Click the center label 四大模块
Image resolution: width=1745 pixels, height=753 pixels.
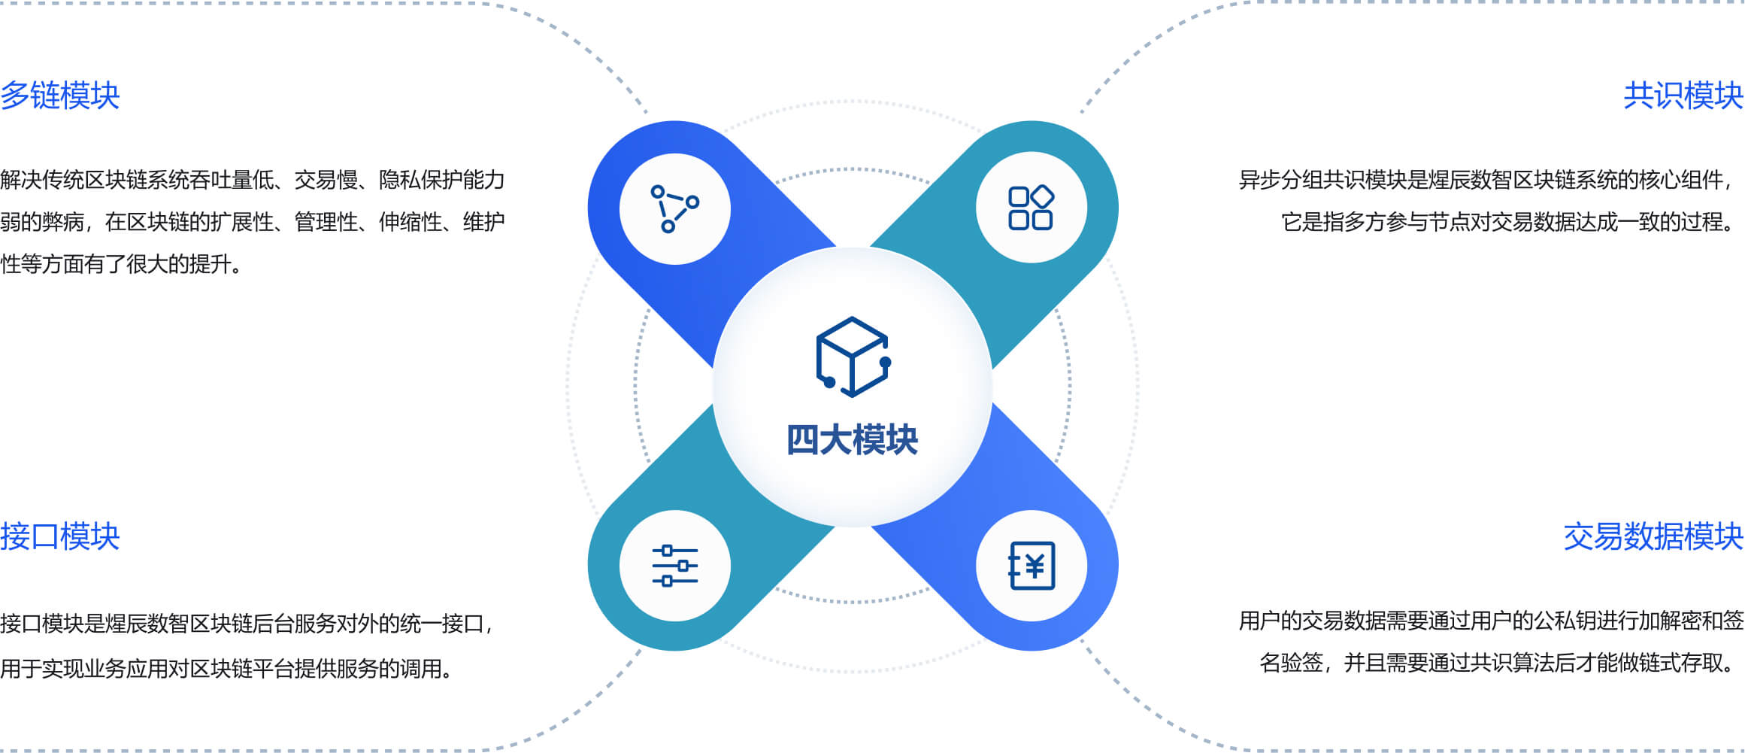tap(852, 440)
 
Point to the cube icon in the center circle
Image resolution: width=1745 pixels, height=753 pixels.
tap(853, 357)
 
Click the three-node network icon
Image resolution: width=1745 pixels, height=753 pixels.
tap(674, 208)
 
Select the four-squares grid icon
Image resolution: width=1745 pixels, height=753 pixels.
tap(1031, 208)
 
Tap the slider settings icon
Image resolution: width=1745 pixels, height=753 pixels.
tap(674, 566)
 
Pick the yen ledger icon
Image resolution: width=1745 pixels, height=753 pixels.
tap(1032, 566)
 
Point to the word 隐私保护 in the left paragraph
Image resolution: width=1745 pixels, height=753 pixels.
tap(420, 181)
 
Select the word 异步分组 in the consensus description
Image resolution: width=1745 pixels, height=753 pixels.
tap(1280, 181)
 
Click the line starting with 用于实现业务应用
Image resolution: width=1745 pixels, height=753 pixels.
tap(226, 669)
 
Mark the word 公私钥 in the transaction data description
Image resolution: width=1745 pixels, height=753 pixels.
tap(1565, 621)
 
